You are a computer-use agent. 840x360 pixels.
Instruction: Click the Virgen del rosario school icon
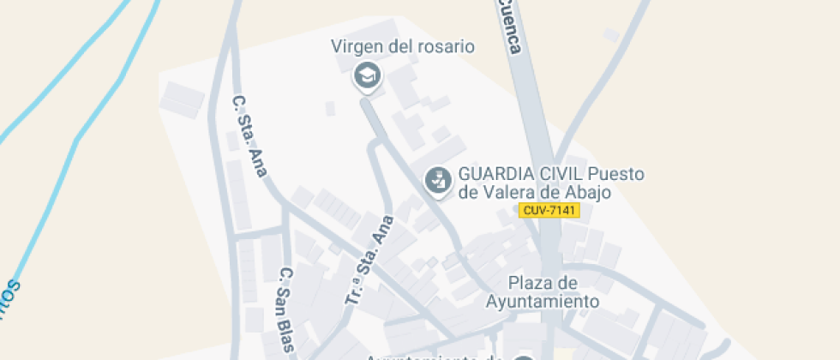(x=368, y=75)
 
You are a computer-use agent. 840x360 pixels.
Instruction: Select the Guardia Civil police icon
(x=438, y=181)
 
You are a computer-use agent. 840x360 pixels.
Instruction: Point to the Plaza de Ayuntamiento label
(x=543, y=291)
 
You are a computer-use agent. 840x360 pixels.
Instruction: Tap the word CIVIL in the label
(x=546, y=173)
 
